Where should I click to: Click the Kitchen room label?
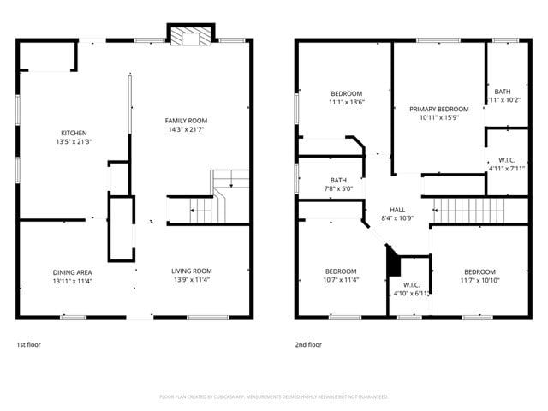[x=73, y=133]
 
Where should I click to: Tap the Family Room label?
[x=186, y=121]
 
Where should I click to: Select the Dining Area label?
[x=72, y=271]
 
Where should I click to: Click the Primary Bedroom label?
[x=438, y=110]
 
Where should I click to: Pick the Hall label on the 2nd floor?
[x=397, y=210]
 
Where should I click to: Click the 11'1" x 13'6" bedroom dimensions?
[x=347, y=102]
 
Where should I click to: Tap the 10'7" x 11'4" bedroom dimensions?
[x=341, y=279]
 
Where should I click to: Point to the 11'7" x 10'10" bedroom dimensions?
[x=478, y=279]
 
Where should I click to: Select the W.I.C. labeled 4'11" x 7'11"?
[x=505, y=168]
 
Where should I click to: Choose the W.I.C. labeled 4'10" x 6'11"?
[x=410, y=293]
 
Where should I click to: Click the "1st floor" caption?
[x=28, y=344]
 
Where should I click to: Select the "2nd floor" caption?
[x=308, y=344]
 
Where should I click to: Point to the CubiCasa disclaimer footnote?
[x=274, y=396]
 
